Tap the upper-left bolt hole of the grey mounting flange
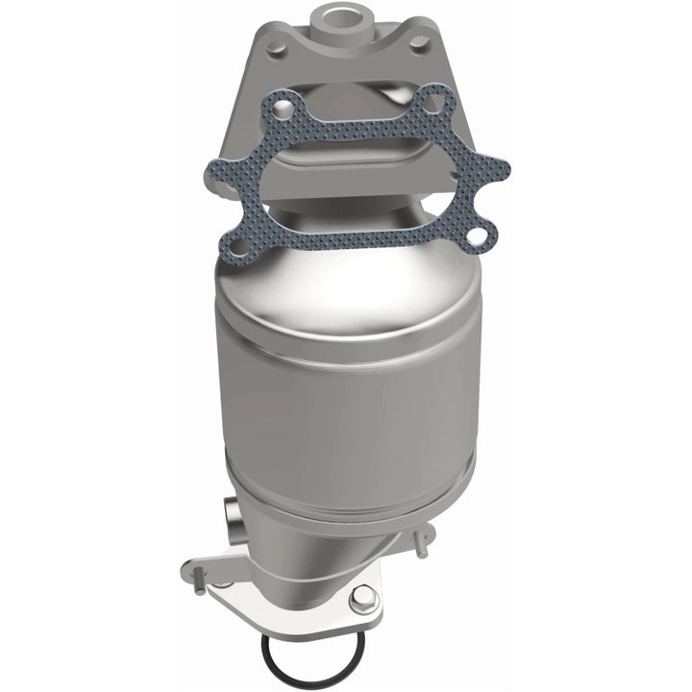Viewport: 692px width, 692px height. pos(276,47)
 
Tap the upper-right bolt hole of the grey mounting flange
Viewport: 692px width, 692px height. pos(420,41)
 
